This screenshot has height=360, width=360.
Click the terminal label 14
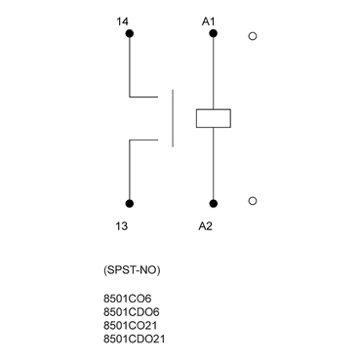pos(122,20)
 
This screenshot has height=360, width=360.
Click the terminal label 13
pos(122,225)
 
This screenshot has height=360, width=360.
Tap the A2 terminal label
pos(205,225)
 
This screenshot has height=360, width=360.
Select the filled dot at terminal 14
pos(130,36)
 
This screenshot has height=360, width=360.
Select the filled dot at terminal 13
pos(130,203)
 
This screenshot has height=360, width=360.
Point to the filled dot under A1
pos(213,36)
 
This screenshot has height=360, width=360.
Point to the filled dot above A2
pos(213,203)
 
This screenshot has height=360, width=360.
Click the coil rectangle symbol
pos(213,118)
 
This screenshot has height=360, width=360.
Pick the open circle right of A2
pos(254,202)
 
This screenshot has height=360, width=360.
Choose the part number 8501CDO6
pos(129,315)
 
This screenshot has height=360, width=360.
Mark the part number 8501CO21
pos(128,327)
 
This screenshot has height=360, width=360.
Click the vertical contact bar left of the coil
pos(173,118)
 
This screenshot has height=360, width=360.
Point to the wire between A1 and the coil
pos(213,73)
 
